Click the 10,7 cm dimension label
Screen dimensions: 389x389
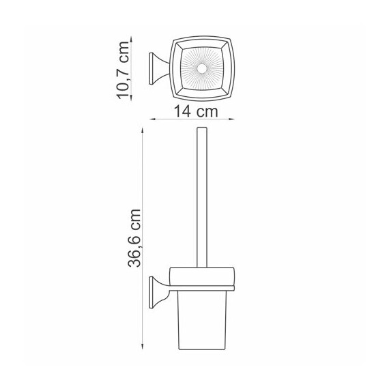124,70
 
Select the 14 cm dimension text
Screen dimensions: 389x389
196,111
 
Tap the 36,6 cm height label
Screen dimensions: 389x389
134,238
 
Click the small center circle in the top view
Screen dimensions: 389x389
202,69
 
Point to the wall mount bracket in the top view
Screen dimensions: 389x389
159,68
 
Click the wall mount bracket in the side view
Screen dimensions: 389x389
159,292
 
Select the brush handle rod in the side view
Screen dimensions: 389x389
202,197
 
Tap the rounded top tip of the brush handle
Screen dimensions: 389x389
202,128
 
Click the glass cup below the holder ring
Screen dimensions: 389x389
202,320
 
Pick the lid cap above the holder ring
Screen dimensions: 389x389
202,276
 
